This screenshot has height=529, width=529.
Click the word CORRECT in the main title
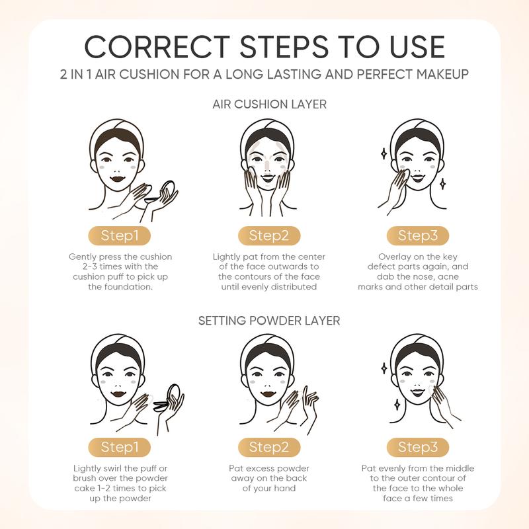point(157,46)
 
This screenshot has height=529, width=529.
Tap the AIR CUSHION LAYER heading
point(270,104)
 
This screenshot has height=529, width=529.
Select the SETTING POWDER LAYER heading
point(269,321)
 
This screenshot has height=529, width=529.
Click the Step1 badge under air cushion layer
point(120,235)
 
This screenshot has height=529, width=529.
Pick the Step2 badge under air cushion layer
point(269,235)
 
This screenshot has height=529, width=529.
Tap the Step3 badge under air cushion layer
point(418,235)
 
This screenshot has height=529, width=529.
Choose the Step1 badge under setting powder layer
point(120,447)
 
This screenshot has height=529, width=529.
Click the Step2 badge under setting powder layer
point(269,447)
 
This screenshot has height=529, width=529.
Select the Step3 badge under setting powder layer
point(418,447)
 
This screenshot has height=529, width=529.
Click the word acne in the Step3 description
point(448,277)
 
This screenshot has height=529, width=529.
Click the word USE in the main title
point(417,46)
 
